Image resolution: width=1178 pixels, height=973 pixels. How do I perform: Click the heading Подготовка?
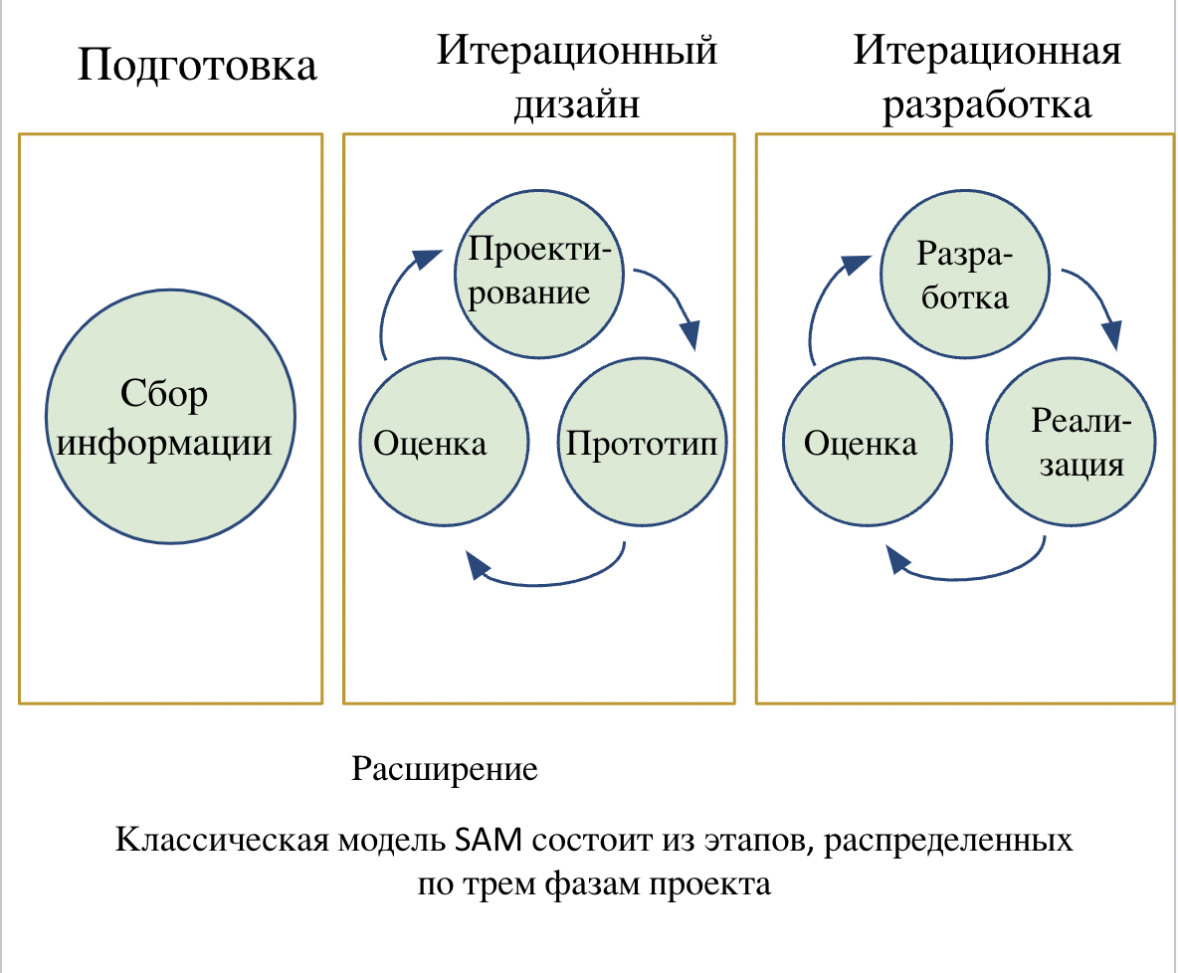click(197, 66)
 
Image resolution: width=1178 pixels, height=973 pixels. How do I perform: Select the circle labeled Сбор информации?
click(170, 419)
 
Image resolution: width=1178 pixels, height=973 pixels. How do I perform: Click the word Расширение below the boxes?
click(445, 769)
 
